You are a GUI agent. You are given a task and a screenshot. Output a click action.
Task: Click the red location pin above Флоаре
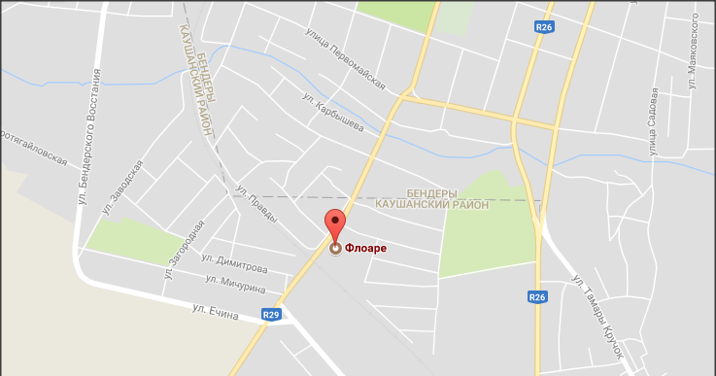335,225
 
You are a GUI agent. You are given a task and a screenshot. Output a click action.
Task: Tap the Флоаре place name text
366,249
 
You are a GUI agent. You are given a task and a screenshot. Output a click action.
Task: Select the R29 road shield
272,314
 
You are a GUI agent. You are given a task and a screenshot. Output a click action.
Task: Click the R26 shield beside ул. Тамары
538,297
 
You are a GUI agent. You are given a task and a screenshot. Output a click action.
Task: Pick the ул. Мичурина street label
238,280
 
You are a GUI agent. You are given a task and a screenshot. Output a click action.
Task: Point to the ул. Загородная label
185,249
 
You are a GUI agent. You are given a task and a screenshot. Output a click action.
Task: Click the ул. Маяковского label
695,53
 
